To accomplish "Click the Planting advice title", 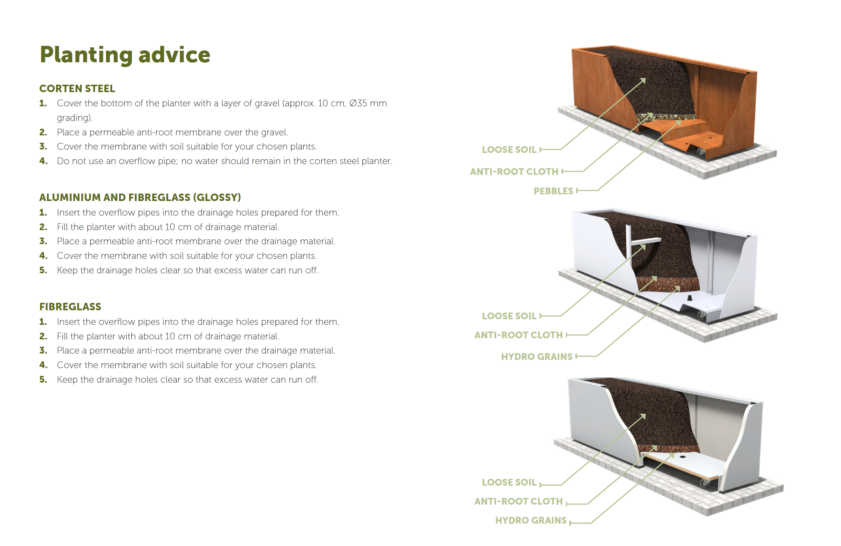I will (x=125, y=55).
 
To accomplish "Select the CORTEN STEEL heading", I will (x=77, y=88).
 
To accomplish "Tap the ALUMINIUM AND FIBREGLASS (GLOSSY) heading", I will (x=140, y=197).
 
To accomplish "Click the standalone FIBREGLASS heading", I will (x=70, y=307).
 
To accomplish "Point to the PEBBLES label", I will (x=553, y=191).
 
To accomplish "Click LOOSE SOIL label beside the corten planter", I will (x=509, y=150).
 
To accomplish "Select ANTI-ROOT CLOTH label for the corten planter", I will (x=514, y=172).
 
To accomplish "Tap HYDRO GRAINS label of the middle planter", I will (x=536, y=357).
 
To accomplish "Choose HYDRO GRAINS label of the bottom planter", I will (x=531, y=520).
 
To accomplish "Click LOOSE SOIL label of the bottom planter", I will (x=509, y=482).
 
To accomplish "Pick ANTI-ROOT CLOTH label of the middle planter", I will (x=518, y=335).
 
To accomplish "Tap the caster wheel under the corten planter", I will (x=701, y=152).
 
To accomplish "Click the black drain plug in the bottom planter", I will (x=682, y=456).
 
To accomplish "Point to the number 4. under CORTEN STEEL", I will (x=43, y=161).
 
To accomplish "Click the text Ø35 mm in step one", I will (x=368, y=103).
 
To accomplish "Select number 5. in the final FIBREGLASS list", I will (x=43, y=380).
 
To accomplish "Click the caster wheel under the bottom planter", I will (x=705, y=484).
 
